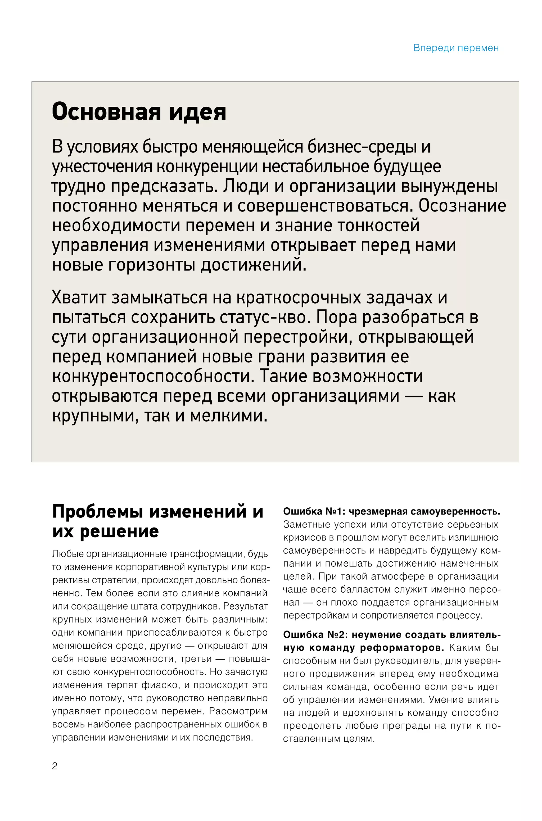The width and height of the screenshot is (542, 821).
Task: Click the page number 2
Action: pyautogui.click(x=55, y=766)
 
